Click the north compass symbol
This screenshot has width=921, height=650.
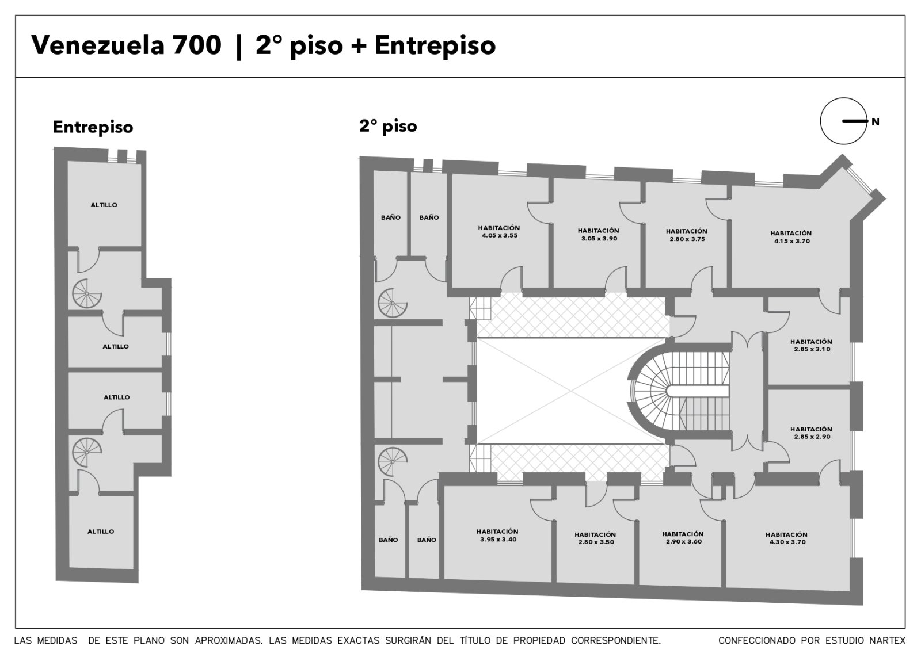pyautogui.click(x=843, y=121)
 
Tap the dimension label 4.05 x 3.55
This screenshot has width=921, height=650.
pyautogui.click(x=500, y=235)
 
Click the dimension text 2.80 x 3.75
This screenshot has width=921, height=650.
pyautogui.click(x=687, y=239)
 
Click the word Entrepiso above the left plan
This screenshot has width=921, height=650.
pyautogui.click(x=93, y=127)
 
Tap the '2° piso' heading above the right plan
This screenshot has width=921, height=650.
pyautogui.click(x=388, y=126)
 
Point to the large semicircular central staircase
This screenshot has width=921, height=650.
pyautogui.click(x=679, y=391)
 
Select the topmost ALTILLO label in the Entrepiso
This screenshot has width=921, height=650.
pyautogui.click(x=104, y=205)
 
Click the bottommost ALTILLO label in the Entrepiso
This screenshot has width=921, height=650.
pyautogui.click(x=101, y=532)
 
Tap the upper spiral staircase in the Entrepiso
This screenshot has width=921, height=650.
pyautogui.click(x=87, y=293)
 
